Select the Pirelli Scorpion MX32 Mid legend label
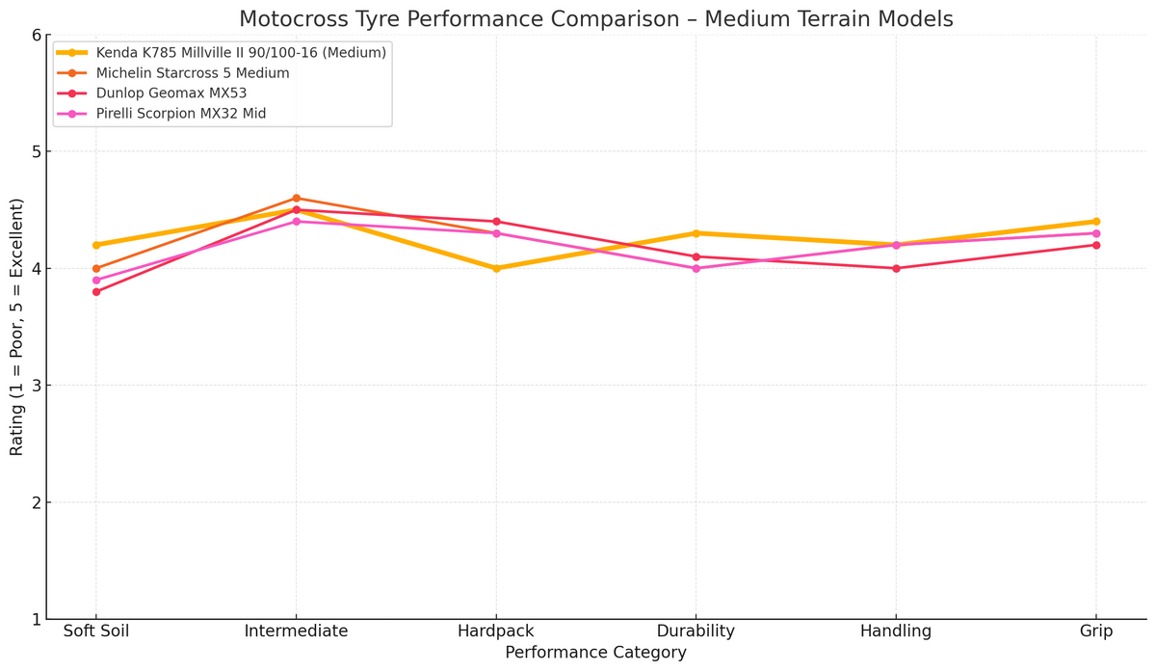[181, 114]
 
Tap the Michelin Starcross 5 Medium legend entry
[193, 73]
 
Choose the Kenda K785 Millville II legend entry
[241, 53]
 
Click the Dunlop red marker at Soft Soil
[96, 292]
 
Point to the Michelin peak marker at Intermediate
[296, 199]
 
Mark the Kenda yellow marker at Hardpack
[496, 269]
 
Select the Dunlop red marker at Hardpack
[496, 222]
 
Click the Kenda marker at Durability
[696, 233]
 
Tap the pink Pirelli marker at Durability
[696, 268]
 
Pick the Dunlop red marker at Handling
[896, 268]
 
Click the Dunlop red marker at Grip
[1096, 245]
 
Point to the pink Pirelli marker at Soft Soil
[96, 281]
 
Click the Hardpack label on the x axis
[496, 631]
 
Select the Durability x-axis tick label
[696, 631]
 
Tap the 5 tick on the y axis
[36, 152]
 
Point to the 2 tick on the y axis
[36, 502]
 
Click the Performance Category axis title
[595, 654]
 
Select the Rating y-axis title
[17, 327]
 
